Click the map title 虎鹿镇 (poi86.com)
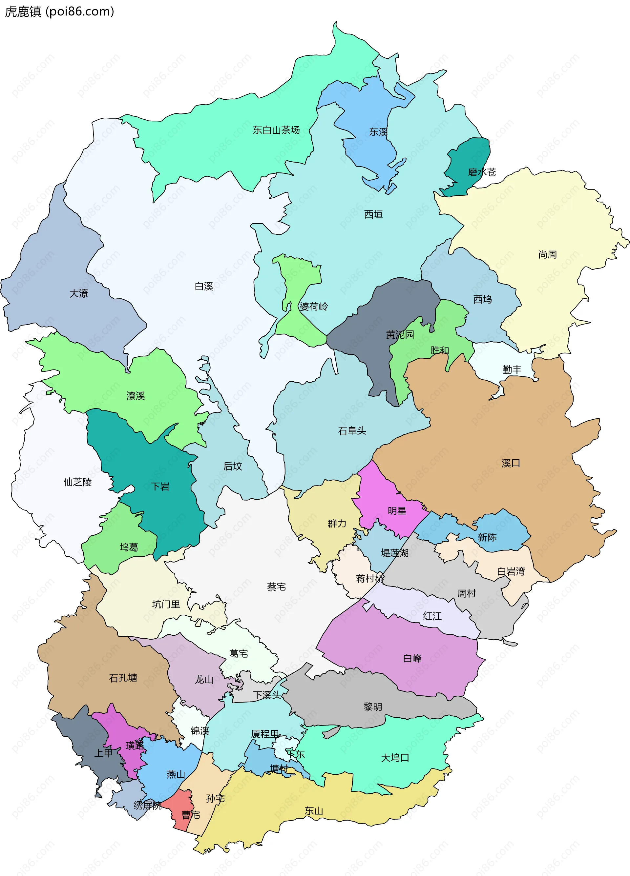click(59, 11)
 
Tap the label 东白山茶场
click(276, 130)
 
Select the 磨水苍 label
click(482, 172)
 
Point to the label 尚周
click(547, 254)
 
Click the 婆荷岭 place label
click(313, 306)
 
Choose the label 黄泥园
click(400, 334)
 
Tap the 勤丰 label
click(512, 369)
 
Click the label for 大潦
click(78, 293)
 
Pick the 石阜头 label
click(352, 431)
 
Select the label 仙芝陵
click(77, 482)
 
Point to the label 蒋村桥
click(370, 578)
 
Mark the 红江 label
click(432, 616)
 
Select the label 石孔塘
click(123, 678)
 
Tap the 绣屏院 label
click(147, 805)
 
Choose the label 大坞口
click(395, 758)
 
